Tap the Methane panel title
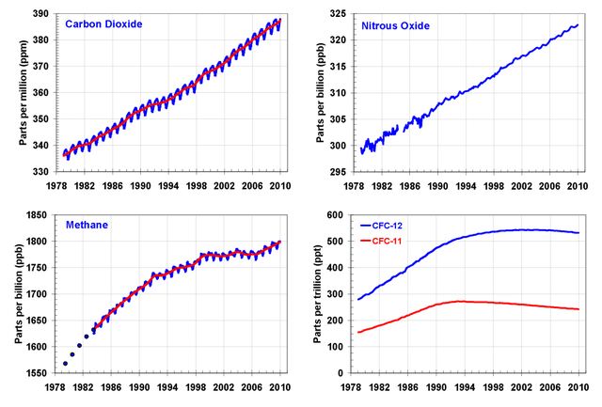[x=87, y=226]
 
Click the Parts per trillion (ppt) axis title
[x=318, y=294]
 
